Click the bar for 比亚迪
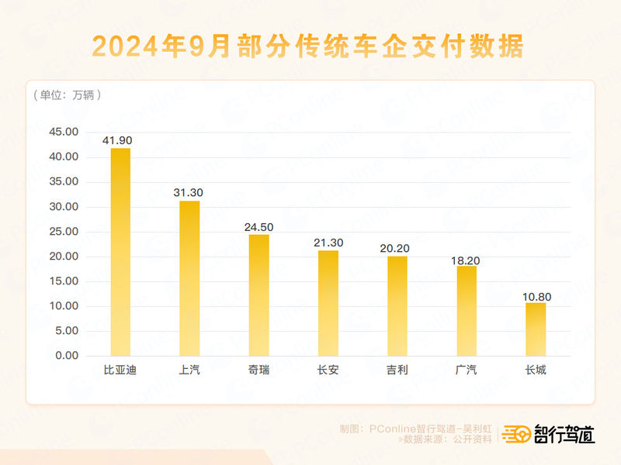click(x=120, y=252)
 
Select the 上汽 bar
click(x=189, y=278)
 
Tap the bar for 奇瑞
click(x=258, y=294)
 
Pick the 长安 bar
click(x=328, y=303)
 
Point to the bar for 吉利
click(x=397, y=305)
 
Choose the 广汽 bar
click(x=467, y=311)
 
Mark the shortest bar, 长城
click(x=536, y=329)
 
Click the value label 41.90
click(x=120, y=140)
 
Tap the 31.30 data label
click(x=189, y=193)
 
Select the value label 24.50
click(x=258, y=227)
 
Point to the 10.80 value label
click(x=536, y=295)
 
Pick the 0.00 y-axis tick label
click(x=67, y=356)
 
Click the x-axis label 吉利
click(x=397, y=370)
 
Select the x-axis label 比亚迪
click(x=120, y=370)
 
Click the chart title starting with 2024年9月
click(x=308, y=46)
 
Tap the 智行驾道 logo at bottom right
click(x=549, y=435)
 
